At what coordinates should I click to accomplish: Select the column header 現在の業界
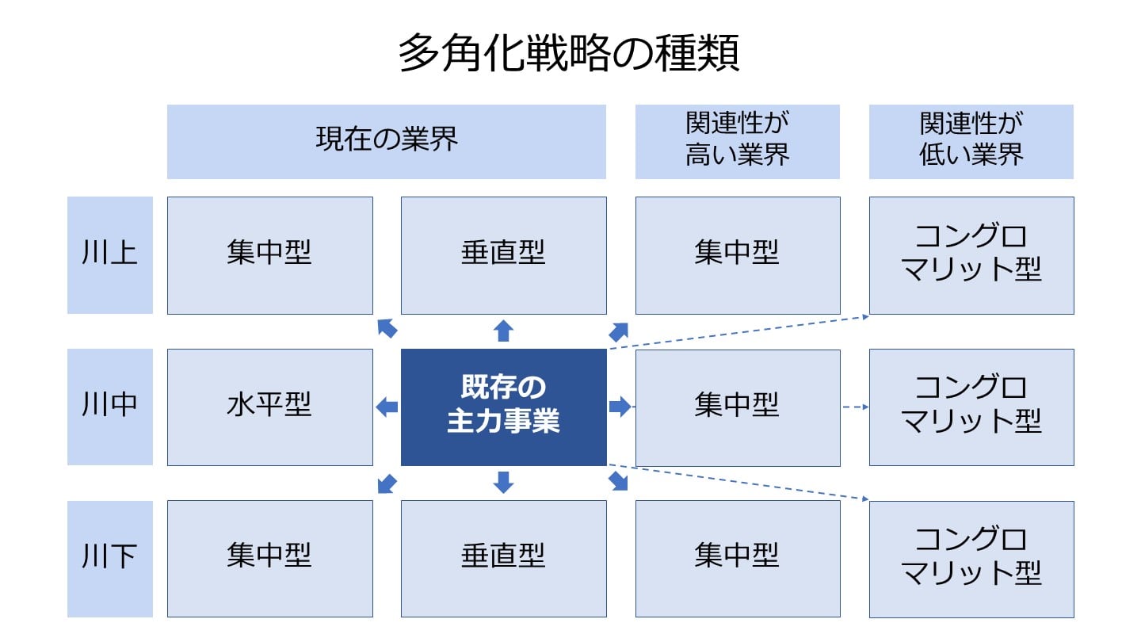click(x=387, y=141)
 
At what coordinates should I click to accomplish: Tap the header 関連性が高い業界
click(x=737, y=141)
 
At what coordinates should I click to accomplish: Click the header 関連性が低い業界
click(x=971, y=141)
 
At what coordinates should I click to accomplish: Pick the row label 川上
click(x=109, y=254)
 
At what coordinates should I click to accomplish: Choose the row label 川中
click(x=109, y=407)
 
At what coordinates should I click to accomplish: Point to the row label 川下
click(x=109, y=558)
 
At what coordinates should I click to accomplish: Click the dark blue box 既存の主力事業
click(x=503, y=407)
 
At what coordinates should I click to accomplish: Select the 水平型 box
click(x=269, y=407)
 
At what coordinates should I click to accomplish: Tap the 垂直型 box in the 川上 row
click(x=503, y=254)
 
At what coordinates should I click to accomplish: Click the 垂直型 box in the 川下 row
click(x=503, y=558)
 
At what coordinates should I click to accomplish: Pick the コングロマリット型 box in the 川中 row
click(x=971, y=407)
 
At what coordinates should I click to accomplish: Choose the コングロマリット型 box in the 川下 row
click(x=971, y=558)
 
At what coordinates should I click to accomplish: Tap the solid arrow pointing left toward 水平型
click(x=387, y=407)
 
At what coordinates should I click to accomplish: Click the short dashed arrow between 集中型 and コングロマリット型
click(x=855, y=407)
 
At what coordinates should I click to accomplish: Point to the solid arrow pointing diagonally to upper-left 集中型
click(x=387, y=328)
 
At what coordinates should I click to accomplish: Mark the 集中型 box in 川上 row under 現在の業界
click(x=269, y=254)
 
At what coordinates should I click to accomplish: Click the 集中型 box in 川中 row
click(x=737, y=407)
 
